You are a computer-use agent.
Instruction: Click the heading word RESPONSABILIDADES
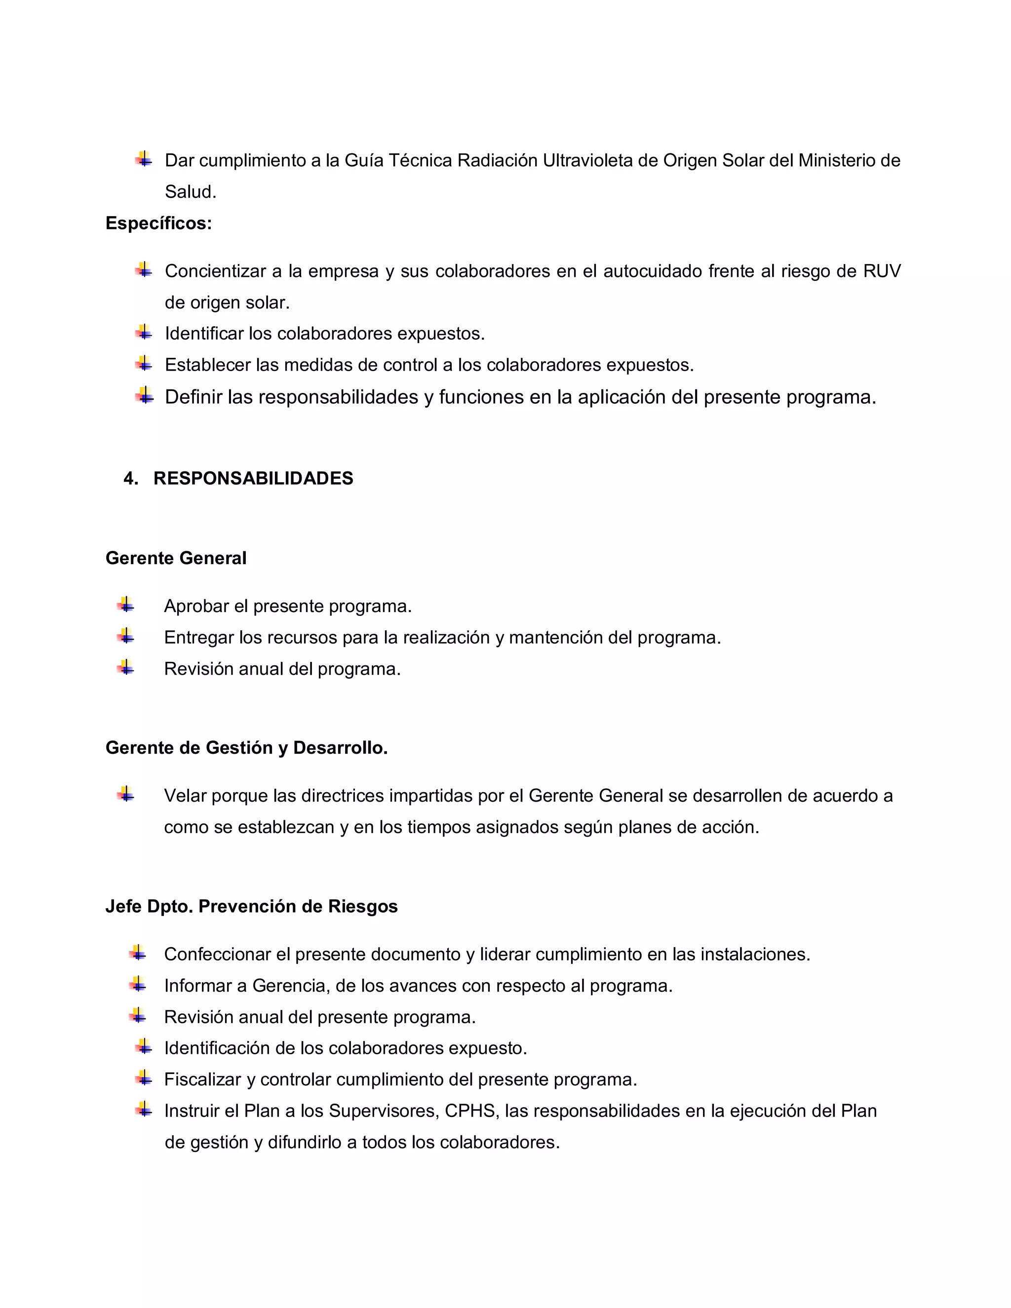(253, 478)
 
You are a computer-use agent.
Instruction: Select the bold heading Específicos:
(159, 224)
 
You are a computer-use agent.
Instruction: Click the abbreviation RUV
(882, 271)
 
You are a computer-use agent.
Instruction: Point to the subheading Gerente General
(175, 558)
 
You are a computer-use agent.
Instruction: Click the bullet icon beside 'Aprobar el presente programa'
(126, 605)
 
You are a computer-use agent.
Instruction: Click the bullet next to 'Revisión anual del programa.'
(126, 668)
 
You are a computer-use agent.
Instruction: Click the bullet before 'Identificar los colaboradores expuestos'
(144, 332)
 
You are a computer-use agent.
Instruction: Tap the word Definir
(193, 397)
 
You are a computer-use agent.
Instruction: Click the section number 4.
(130, 478)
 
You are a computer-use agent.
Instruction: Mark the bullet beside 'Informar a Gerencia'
(138, 985)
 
